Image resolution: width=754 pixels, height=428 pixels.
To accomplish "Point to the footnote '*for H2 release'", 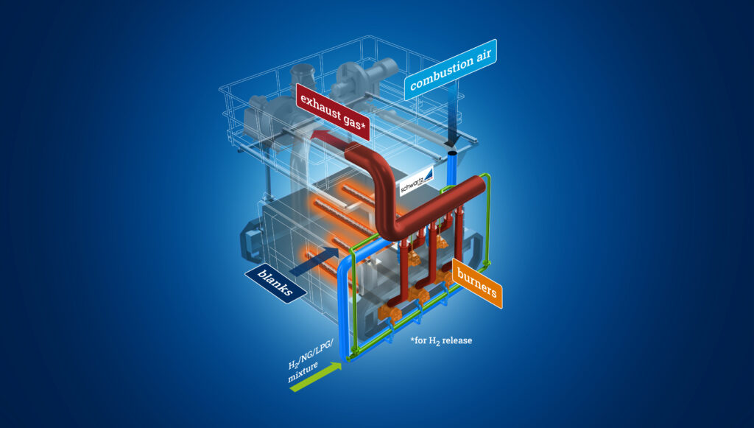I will coord(442,341).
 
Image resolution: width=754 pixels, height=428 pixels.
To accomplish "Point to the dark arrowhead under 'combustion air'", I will coord(451,140).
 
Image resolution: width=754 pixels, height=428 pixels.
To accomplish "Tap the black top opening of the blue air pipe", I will coord(452,152).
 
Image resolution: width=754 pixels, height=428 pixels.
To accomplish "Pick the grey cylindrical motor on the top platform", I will coord(368,74).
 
